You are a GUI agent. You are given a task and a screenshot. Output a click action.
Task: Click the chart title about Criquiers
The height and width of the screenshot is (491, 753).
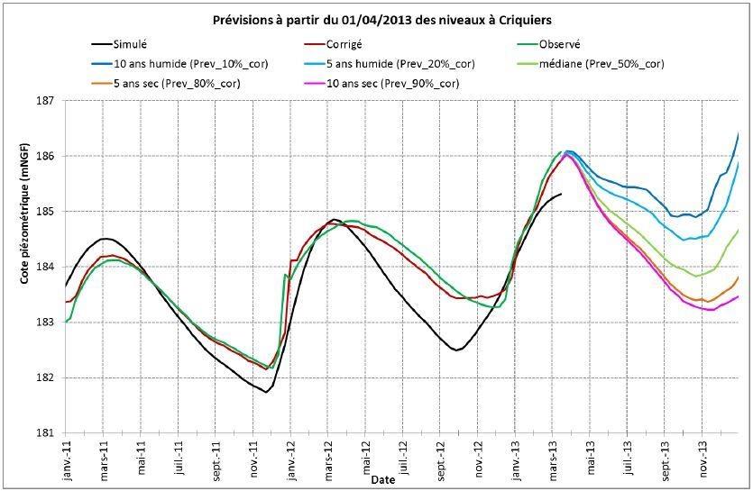point(376,20)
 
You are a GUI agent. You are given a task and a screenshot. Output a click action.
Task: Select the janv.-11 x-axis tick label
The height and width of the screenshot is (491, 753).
point(67,459)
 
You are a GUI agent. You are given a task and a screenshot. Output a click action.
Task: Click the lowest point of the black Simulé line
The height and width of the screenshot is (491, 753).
point(266,392)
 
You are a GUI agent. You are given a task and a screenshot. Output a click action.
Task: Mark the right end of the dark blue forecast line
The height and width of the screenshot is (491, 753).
point(739,133)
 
